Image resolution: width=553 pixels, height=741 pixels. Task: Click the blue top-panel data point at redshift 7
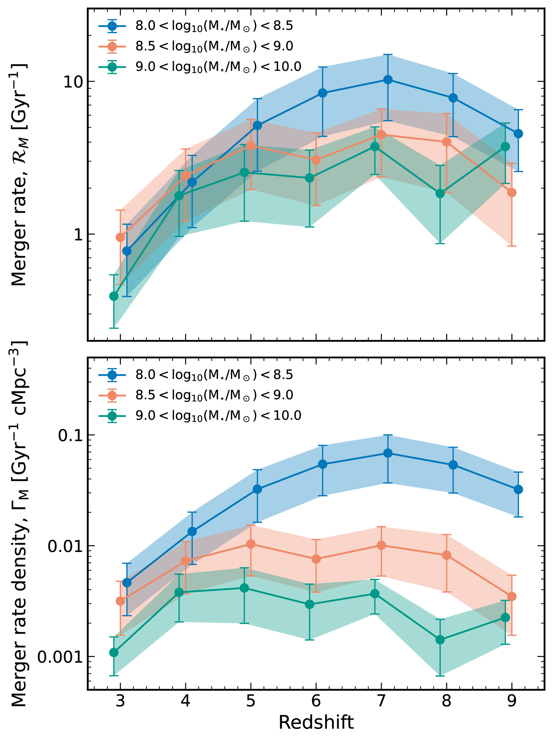pos(388,80)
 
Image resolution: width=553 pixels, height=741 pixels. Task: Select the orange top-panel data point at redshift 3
pos(121,238)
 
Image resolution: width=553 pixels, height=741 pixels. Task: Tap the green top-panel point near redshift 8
pos(440,194)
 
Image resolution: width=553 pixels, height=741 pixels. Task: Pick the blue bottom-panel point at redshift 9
pos(518,490)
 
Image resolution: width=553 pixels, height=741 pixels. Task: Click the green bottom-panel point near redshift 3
pos(114,652)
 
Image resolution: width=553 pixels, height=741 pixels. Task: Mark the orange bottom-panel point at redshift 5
pos(251,544)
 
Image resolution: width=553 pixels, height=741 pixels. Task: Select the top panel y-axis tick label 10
pos(73,82)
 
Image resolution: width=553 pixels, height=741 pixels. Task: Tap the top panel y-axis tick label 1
pos(78,234)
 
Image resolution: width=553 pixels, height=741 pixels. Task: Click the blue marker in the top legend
pos(113,26)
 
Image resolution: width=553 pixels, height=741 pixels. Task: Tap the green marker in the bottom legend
pos(113,416)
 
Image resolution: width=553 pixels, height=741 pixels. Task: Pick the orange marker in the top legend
pos(113,47)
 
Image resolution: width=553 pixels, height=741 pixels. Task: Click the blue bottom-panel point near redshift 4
pos(192,531)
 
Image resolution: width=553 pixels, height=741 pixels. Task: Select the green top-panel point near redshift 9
pos(505,147)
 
